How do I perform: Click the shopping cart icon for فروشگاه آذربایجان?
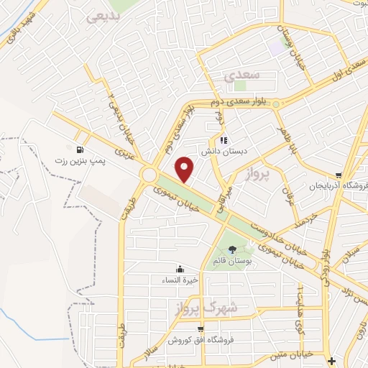pyautogui.click(x=338, y=174)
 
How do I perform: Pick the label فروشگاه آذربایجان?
pyautogui.click(x=333, y=185)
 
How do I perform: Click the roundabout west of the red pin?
pyautogui.click(x=150, y=175)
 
